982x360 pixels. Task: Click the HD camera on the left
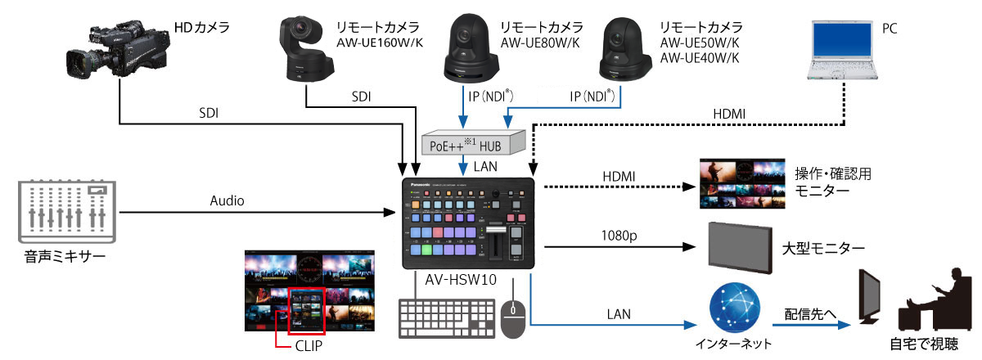(119, 52)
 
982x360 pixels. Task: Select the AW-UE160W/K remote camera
(306, 51)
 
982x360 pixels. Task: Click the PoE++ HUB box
(473, 143)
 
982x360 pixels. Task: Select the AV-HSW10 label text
(461, 280)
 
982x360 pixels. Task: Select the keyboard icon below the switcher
(447, 317)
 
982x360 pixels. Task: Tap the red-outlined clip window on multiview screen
(306, 311)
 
